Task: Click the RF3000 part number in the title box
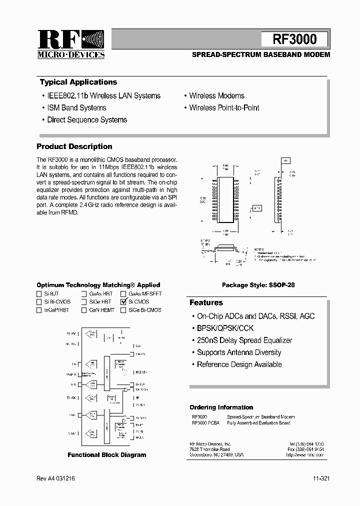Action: coord(294,39)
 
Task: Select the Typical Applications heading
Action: coord(78,82)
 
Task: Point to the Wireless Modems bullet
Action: coord(216,96)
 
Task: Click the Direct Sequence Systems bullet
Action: coord(86,120)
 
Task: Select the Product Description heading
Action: coord(74,146)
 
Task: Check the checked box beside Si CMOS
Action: coord(123,302)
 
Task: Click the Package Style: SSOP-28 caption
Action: coord(258,285)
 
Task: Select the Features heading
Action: coord(206,303)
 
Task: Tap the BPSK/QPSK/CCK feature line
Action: coord(225,328)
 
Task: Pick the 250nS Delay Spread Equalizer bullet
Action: coord(244,340)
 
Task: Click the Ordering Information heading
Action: coord(221,407)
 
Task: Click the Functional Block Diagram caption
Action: coord(107,455)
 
